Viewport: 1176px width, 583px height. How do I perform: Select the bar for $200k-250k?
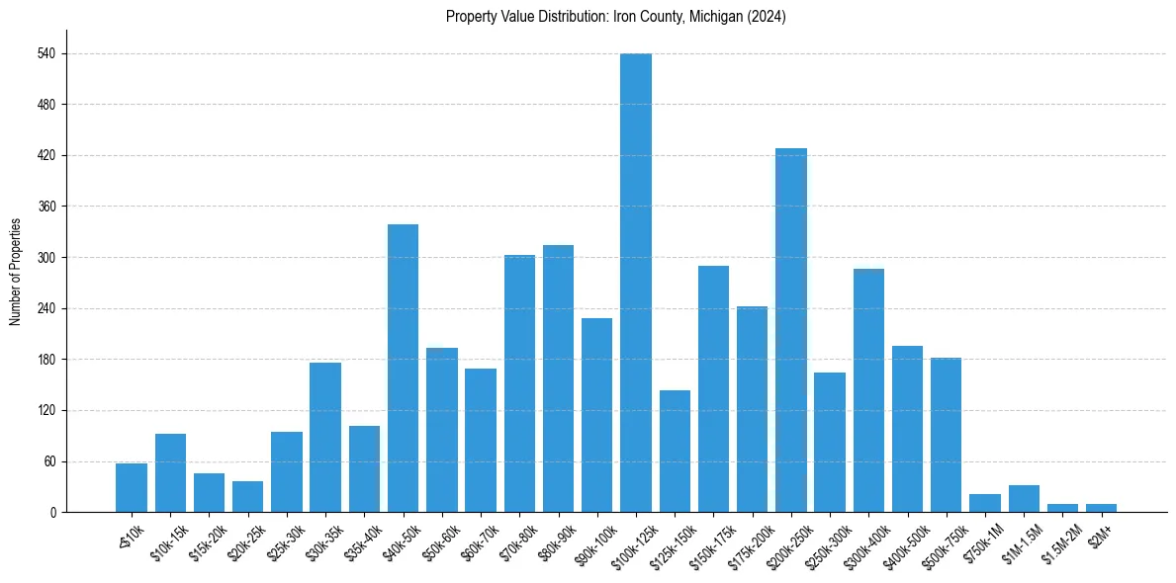point(791,330)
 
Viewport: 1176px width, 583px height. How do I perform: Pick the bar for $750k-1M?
point(985,503)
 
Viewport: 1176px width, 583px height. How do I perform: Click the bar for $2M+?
point(1101,508)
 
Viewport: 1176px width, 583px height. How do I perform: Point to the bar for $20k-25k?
point(247,497)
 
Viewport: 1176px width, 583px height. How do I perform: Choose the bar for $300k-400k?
point(868,390)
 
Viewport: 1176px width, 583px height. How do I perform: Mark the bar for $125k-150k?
point(675,451)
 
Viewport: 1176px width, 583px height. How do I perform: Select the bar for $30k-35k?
point(325,437)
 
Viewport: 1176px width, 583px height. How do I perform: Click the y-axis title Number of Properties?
point(15,272)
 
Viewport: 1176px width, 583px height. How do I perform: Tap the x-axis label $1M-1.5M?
point(1019,541)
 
